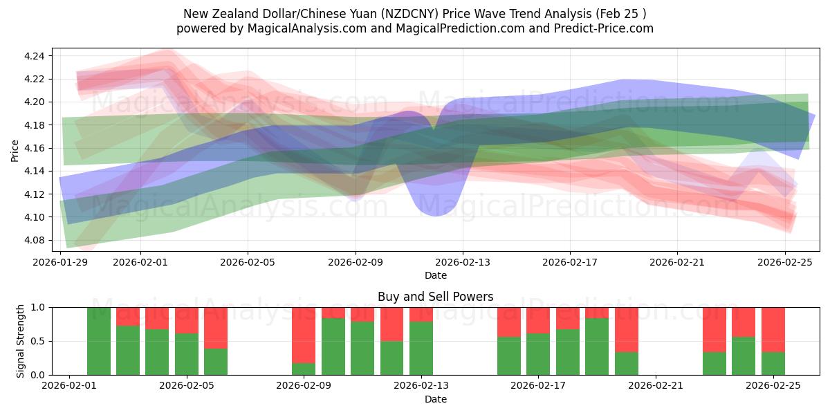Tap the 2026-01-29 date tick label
61,262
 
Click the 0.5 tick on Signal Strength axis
39,341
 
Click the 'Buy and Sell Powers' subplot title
435,297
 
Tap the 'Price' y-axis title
15,149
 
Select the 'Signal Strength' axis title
21,341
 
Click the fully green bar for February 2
99,341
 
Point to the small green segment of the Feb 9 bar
304,369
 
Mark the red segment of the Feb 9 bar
304,335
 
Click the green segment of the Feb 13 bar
421,348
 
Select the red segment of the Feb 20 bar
627,329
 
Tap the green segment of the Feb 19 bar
597,347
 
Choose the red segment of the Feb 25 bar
773,329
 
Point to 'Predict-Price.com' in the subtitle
607,28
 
